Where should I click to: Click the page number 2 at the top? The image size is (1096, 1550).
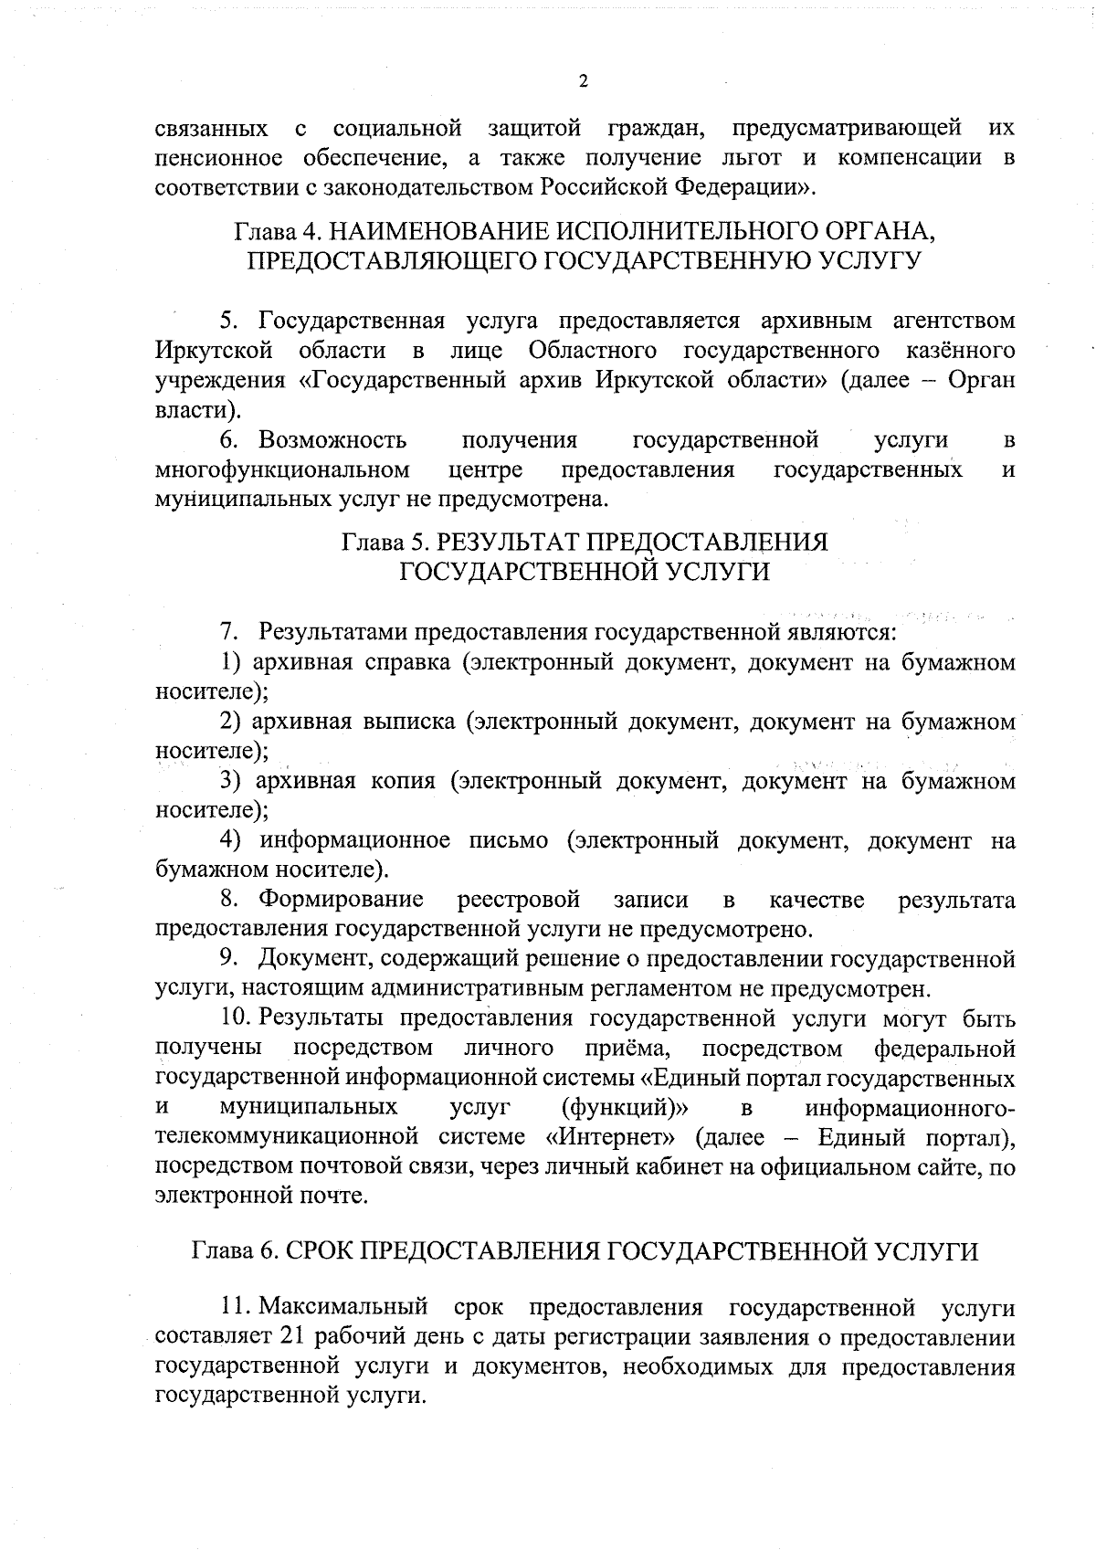click(584, 81)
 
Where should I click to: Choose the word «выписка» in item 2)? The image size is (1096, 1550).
click(409, 722)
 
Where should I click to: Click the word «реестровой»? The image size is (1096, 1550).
click(518, 901)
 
